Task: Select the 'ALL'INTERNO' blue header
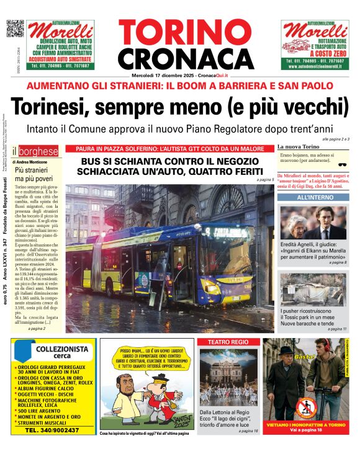tap(312, 197)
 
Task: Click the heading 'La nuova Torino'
tap(297, 147)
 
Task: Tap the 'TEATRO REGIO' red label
tap(227, 342)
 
